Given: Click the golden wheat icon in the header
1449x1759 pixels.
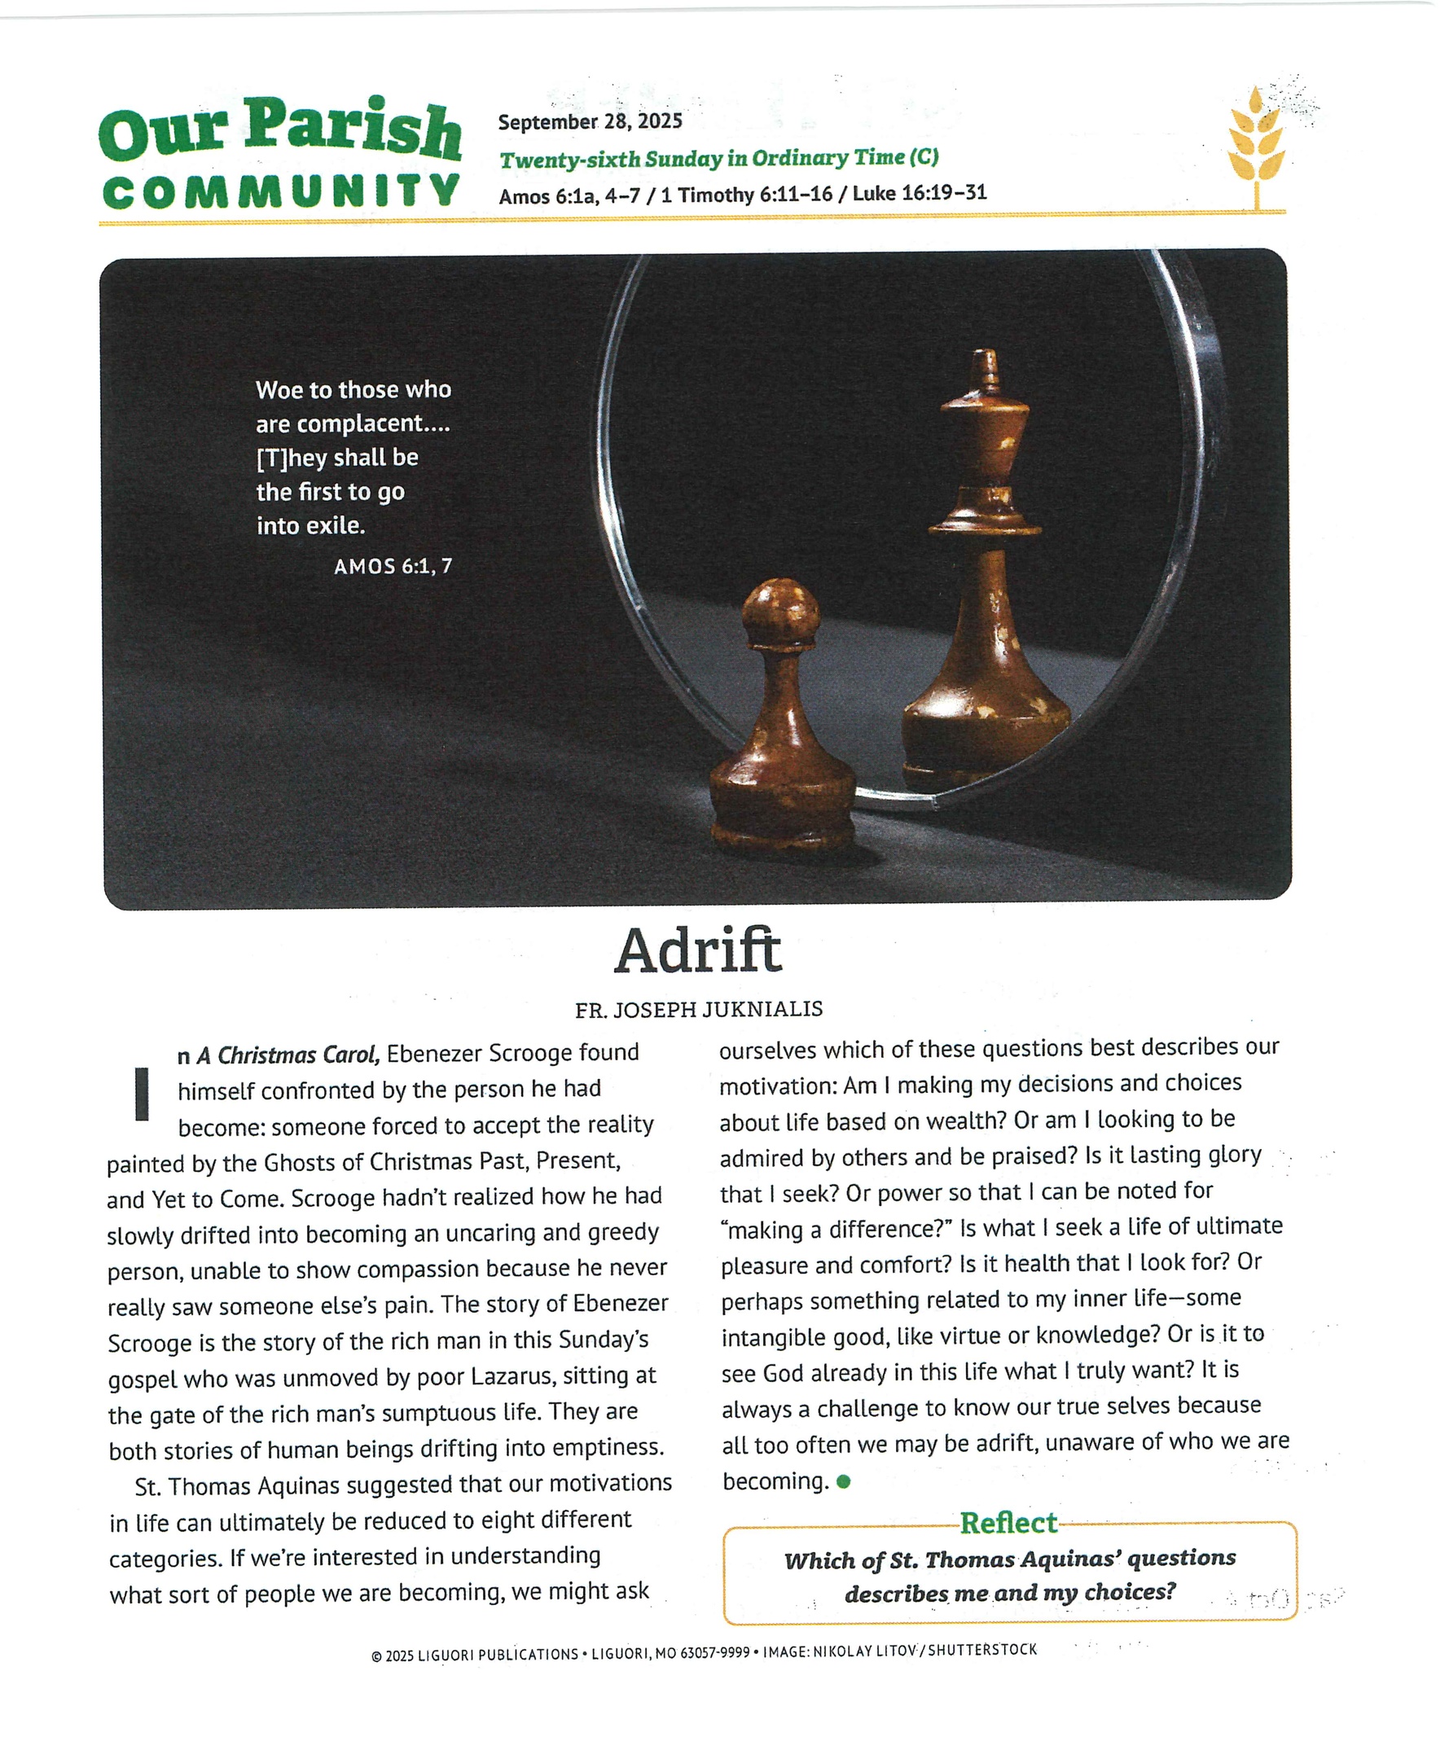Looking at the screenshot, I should click(x=1255, y=146).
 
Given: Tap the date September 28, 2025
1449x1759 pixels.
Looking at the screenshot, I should click(x=591, y=122).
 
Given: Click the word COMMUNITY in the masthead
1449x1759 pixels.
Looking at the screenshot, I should click(x=281, y=192).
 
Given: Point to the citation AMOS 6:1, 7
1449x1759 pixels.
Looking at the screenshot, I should click(x=393, y=567).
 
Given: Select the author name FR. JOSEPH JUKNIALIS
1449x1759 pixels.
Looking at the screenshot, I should click(x=699, y=1010).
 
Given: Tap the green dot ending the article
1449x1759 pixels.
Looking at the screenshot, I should click(x=843, y=1482).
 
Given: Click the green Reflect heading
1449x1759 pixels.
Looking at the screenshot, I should click(x=1008, y=1523).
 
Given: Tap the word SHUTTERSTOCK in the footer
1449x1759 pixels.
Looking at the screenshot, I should click(x=982, y=1650).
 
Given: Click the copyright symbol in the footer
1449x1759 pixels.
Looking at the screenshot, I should click(x=376, y=1656).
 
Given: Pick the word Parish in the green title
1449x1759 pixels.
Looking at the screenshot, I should click(x=351, y=129).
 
